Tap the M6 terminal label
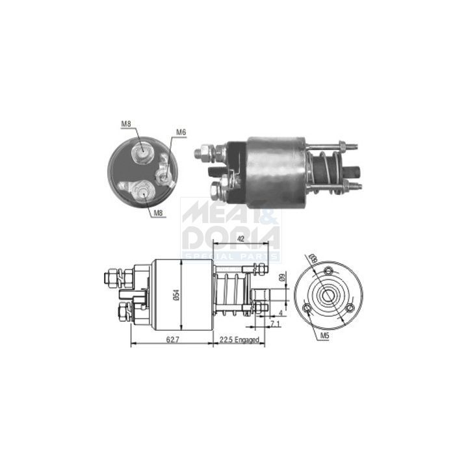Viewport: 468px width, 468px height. point(180,132)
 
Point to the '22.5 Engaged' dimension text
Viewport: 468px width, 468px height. point(239,340)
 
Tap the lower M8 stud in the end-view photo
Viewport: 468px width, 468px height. point(142,192)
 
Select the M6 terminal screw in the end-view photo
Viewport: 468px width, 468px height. point(166,173)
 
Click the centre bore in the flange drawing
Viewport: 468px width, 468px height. point(328,296)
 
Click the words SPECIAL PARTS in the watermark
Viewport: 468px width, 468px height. point(231,257)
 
